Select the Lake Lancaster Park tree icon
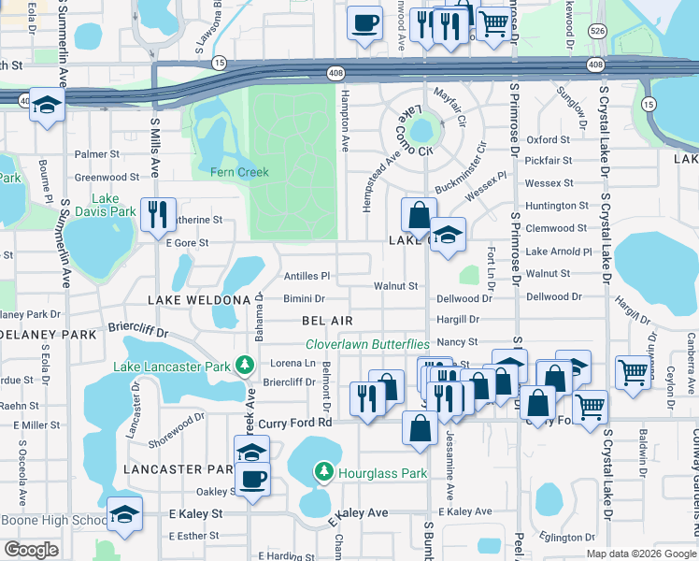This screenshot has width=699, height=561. tap(245, 364)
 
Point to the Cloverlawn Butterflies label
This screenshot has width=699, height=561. tap(367, 344)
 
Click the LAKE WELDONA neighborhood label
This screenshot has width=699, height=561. tap(200, 299)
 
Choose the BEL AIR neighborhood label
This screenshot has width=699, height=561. tap(327, 320)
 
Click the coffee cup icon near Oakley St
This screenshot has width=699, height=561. tap(252, 480)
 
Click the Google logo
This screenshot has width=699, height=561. tap(32, 550)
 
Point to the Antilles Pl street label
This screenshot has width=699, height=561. tap(307, 276)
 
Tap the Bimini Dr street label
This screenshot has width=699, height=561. tap(305, 299)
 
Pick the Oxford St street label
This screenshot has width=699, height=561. tap(548, 140)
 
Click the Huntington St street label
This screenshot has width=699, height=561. tap(557, 206)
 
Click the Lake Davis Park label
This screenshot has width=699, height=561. tap(114, 206)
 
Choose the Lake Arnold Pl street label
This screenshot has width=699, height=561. tap(559, 252)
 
